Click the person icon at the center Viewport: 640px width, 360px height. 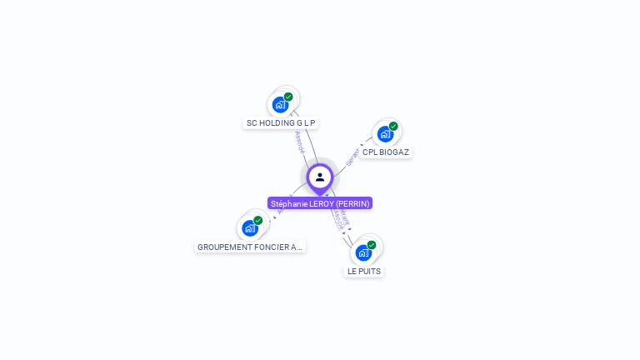(x=320, y=177)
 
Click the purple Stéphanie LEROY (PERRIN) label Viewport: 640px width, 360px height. (x=320, y=203)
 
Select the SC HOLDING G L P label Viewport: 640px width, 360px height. (x=281, y=122)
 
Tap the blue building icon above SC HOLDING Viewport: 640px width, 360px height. (x=280, y=105)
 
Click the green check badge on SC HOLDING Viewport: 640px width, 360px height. (x=288, y=97)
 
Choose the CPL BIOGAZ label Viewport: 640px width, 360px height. (x=386, y=152)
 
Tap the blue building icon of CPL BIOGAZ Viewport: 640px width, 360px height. (x=385, y=133)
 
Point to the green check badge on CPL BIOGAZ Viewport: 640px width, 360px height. (x=393, y=126)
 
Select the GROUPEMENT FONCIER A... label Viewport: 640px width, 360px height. (x=250, y=247)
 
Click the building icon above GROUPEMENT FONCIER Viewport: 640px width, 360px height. (x=249, y=227)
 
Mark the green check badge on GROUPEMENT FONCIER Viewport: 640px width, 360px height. (x=258, y=220)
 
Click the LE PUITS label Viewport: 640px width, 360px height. (x=364, y=271)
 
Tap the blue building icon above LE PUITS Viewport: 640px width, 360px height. (x=363, y=252)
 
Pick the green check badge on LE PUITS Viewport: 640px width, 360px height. (x=372, y=245)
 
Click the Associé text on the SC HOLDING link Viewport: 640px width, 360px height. (x=300, y=142)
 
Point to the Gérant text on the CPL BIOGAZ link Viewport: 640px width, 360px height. (x=352, y=156)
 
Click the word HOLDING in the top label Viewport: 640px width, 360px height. (x=277, y=122)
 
